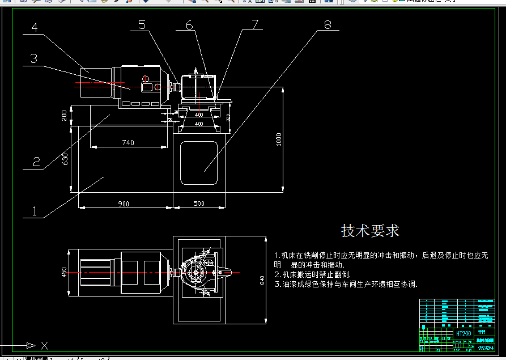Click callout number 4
tap(35, 27)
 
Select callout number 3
tap(34, 58)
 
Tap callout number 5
tap(141, 24)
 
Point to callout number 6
tap(189, 25)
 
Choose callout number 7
tap(254, 24)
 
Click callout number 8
tap(328, 24)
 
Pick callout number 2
tap(36, 162)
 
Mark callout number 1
tap(34, 211)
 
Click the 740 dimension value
tap(128, 143)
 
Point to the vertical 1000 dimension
tap(279, 139)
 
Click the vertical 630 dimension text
tap(65, 159)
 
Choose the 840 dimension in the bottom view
tap(262, 281)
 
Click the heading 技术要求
tap(370, 231)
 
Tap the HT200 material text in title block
tap(464, 334)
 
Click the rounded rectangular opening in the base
tap(199, 163)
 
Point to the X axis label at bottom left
tap(45, 345)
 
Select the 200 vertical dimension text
tap(65, 115)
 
